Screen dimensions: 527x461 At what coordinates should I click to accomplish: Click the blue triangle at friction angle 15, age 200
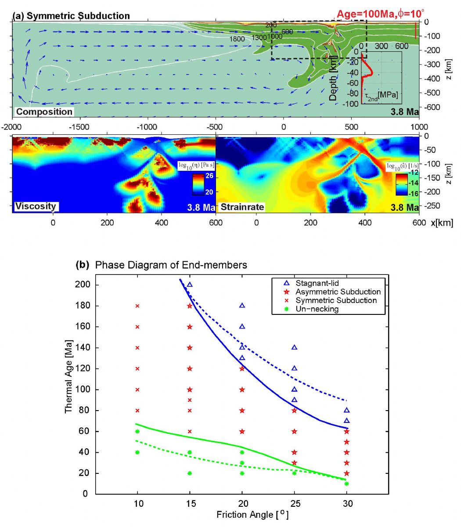coord(190,285)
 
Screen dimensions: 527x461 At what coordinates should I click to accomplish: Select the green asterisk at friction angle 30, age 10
coord(347,484)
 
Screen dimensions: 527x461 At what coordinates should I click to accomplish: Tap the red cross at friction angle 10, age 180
coord(137,306)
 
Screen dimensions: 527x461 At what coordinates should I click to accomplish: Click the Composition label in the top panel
coord(44,112)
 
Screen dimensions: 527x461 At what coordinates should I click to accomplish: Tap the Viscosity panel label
coord(37,206)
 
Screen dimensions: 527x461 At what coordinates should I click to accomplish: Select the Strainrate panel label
coord(243,206)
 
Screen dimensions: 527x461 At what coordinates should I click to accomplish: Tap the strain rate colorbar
coord(401,184)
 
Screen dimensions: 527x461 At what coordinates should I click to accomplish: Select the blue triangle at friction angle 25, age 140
coord(294,347)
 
